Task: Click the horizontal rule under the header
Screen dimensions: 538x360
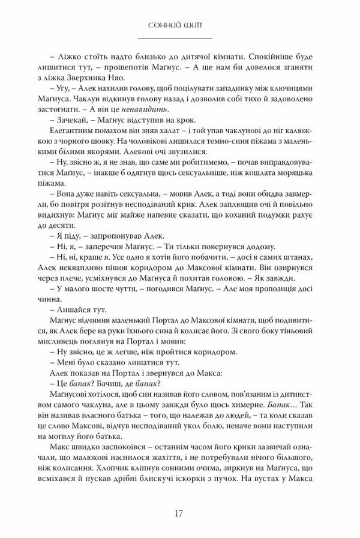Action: tap(179, 37)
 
